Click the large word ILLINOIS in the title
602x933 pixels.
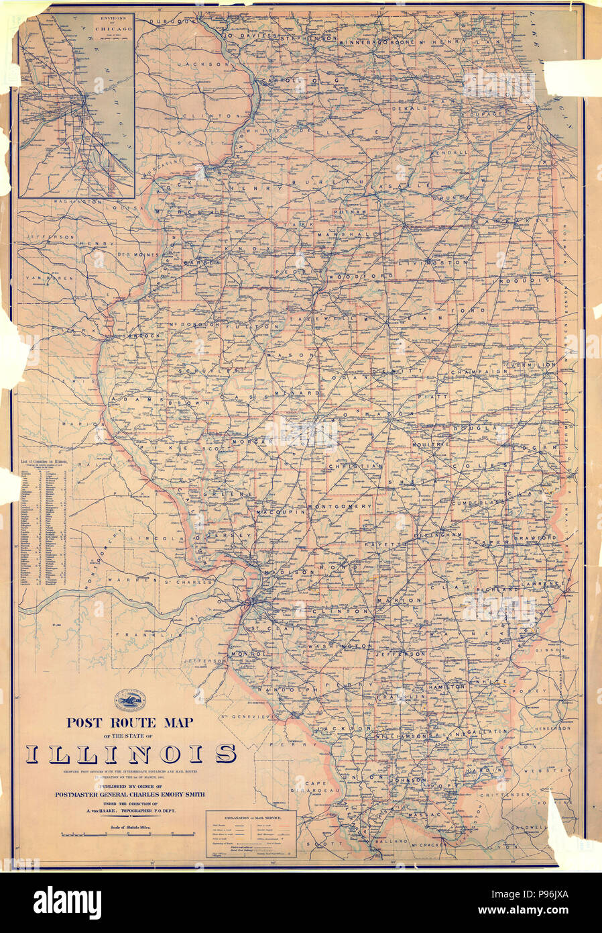pyautogui.click(x=131, y=754)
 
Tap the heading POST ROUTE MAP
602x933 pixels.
pyautogui.click(x=129, y=723)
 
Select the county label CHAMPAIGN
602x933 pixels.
pyautogui.click(x=479, y=372)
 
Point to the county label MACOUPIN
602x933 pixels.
pyautogui.click(x=280, y=512)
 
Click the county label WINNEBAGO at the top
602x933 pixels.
pyautogui.click(x=365, y=41)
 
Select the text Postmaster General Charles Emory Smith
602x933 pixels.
pyautogui.click(x=129, y=795)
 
